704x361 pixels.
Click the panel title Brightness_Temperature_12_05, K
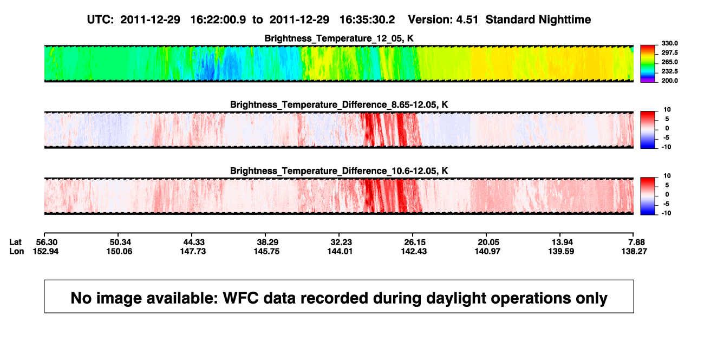click(x=339, y=38)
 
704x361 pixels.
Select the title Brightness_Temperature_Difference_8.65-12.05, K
click(x=339, y=104)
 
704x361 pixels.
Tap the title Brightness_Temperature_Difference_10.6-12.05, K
click(x=339, y=171)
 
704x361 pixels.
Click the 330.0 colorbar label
click(x=669, y=43)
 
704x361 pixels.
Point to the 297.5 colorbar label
click(x=669, y=53)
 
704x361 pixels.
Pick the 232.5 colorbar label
click(x=669, y=71)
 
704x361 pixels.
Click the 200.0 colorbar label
click(x=669, y=81)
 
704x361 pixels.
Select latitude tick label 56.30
click(x=47, y=242)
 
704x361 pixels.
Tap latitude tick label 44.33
click(x=194, y=242)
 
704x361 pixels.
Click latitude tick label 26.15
click(x=415, y=242)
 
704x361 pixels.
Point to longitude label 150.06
click(x=119, y=251)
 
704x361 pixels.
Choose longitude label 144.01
click(x=340, y=251)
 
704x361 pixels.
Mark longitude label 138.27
click(x=634, y=251)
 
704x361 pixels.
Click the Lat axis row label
click(x=15, y=242)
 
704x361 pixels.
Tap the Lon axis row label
click(x=16, y=251)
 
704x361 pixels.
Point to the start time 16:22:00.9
click(x=218, y=20)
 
